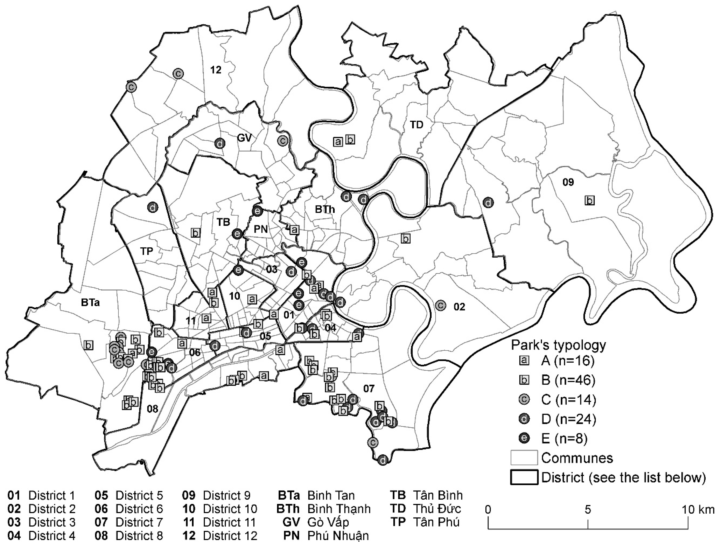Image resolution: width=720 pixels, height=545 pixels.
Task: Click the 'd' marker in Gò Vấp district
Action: coord(220,143)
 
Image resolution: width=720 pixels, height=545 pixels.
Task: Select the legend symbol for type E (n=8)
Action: coord(524,439)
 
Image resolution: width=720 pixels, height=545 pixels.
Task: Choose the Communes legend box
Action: coord(524,458)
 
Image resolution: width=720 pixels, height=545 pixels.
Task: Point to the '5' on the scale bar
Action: coord(588,509)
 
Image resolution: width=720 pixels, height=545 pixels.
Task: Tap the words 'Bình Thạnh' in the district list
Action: coord(339,509)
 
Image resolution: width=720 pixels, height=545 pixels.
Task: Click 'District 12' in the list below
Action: coord(230,536)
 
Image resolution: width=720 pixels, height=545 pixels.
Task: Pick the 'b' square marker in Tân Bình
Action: coord(195,233)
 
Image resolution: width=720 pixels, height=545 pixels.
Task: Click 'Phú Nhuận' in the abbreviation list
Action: coord(338,536)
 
